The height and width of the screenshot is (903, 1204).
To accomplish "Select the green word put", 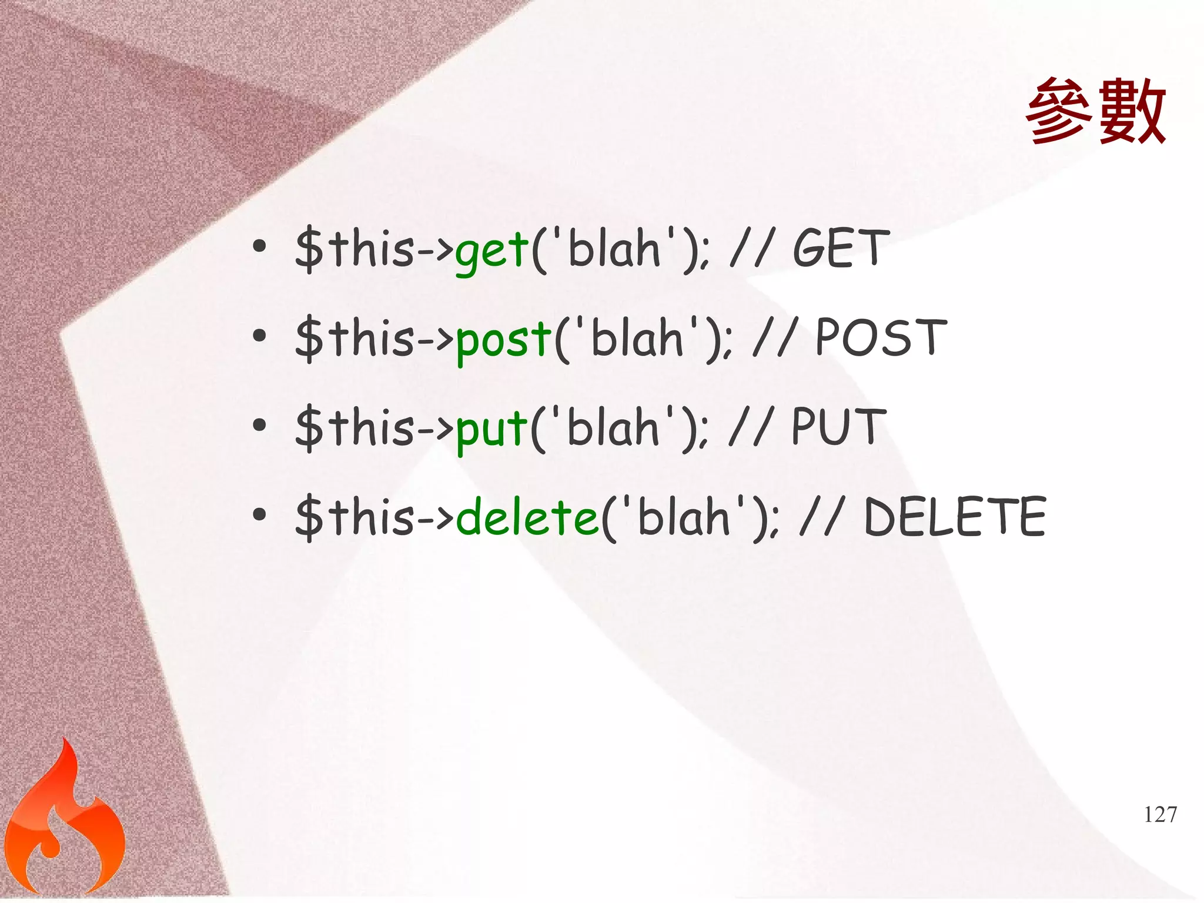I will point(491,430).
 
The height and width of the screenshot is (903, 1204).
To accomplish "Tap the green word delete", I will point(527,517).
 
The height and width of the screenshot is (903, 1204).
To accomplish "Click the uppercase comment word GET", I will point(838,249).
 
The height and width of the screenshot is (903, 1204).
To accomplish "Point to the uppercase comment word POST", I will point(881,338).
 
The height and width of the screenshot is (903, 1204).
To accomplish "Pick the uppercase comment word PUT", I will point(838,427).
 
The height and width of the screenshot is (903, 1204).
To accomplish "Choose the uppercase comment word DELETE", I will point(955,517).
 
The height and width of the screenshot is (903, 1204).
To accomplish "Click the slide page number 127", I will point(1160,815).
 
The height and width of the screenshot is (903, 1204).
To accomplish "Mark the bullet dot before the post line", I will point(259,336).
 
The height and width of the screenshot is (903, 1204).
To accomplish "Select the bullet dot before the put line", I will point(259,426).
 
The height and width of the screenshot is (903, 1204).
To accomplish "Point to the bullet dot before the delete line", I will point(259,515).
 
